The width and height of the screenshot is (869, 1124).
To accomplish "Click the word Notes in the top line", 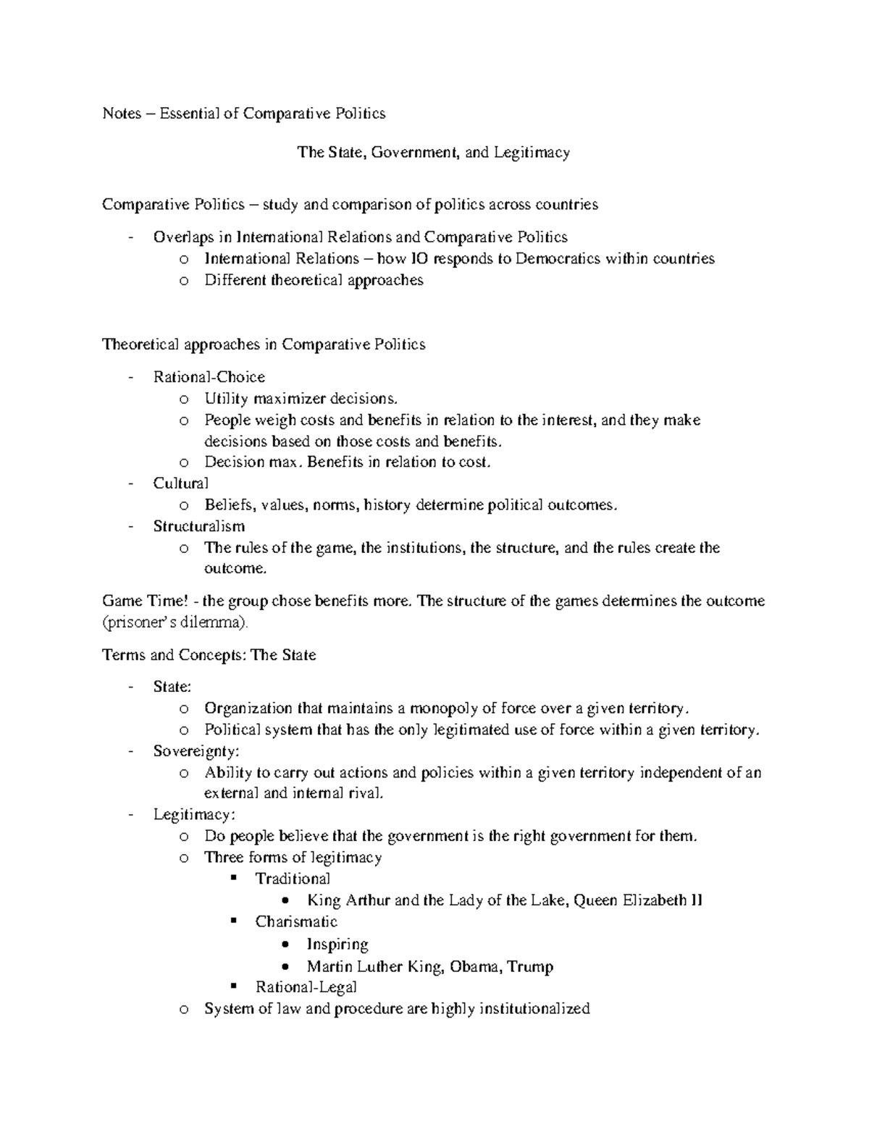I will (x=122, y=114).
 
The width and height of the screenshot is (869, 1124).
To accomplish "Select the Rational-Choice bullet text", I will (x=209, y=377).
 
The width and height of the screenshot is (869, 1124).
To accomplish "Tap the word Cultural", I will (x=181, y=483).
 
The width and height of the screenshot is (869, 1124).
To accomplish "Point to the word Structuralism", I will (x=199, y=526).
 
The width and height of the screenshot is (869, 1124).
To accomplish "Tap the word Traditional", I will (x=293, y=879).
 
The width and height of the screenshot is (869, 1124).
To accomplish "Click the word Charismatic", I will (x=296, y=921).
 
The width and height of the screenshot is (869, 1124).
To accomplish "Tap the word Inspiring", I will (x=337, y=945).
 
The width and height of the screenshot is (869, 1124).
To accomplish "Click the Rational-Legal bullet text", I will (x=306, y=987).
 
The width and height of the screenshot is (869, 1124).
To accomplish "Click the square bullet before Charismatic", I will (x=233, y=921).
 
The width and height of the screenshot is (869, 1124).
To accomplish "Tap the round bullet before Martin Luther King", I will (x=287, y=967).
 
